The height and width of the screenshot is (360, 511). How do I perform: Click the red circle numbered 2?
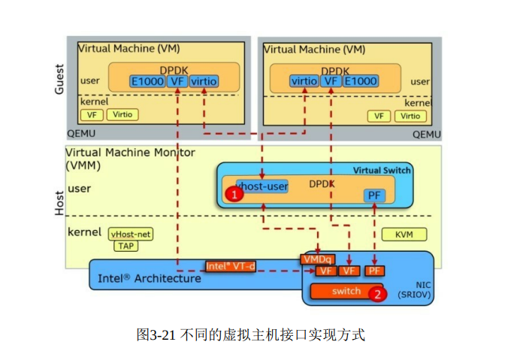(377, 294)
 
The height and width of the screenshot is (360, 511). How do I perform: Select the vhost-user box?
(262, 186)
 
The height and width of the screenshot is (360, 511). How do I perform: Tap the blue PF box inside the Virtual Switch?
(374, 195)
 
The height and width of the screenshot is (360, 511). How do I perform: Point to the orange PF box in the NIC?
(375, 271)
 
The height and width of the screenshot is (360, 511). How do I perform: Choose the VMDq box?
(318, 259)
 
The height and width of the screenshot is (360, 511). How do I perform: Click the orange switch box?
(346, 291)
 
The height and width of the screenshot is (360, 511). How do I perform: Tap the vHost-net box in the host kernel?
(131, 234)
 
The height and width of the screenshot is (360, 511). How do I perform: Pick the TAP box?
(125, 246)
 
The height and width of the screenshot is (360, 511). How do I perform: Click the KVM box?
(404, 234)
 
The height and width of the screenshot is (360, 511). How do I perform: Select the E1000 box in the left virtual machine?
(147, 81)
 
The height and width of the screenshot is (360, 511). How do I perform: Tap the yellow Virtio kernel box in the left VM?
(123, 115)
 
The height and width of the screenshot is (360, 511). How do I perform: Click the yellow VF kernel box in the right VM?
(379, 116)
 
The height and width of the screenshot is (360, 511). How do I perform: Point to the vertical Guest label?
(60, 78)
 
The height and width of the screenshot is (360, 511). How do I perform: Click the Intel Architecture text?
(150, 278)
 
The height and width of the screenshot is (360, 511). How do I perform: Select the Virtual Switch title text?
(382, 170)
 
